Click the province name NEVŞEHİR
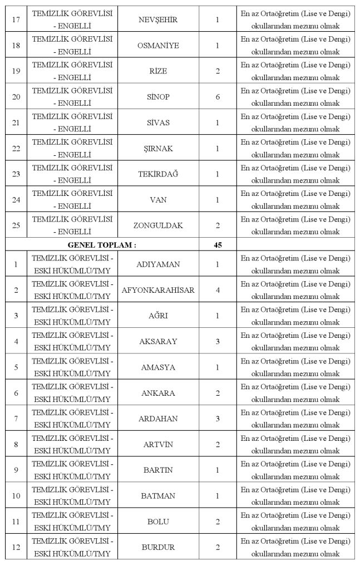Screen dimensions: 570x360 158,19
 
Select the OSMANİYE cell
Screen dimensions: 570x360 158,45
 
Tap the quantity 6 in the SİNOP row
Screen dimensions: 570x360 218,97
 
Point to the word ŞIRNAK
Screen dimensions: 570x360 158,149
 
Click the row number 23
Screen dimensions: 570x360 16,174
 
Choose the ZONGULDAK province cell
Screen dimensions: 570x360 158,225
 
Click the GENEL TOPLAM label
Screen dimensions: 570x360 102,244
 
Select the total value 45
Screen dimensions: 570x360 218,244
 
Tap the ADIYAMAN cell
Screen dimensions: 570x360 158,264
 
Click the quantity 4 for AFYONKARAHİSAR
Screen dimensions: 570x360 218,290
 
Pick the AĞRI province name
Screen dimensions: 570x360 158,316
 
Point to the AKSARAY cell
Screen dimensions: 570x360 158,341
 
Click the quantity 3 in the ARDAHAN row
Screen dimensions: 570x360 218,418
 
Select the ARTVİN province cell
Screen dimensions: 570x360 158,444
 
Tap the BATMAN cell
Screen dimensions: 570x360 158,495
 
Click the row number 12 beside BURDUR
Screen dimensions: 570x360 16,547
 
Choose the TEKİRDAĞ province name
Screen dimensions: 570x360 158,174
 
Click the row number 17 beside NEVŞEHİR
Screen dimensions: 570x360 16,19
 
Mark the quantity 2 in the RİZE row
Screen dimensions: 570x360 218,71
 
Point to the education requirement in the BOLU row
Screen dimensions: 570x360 295,522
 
